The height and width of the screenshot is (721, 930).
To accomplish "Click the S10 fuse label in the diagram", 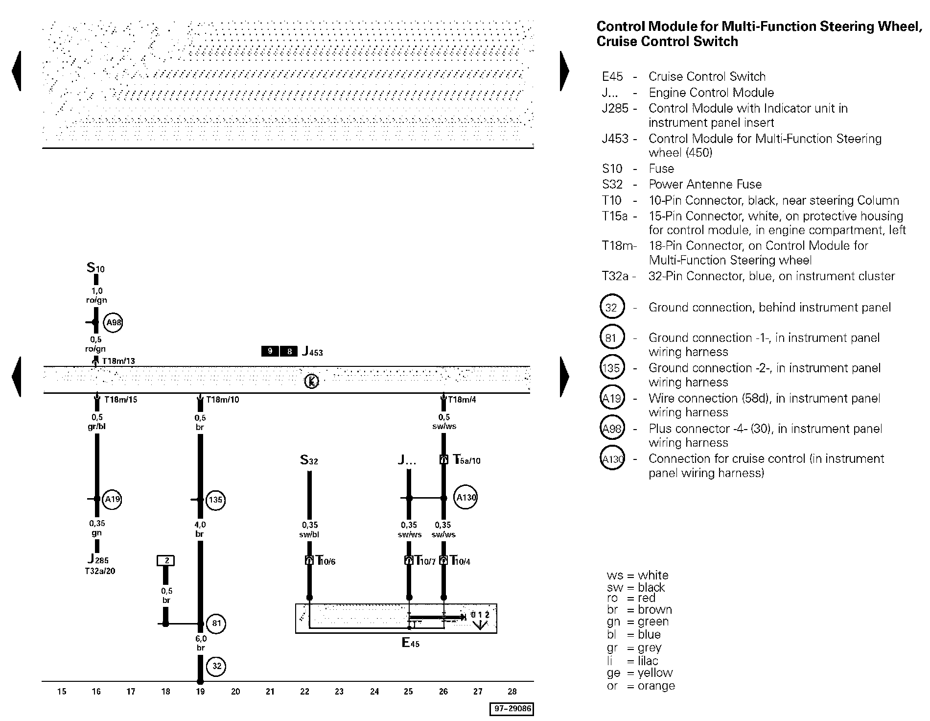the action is (x=96, y=268).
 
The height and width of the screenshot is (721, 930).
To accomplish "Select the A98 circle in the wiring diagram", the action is (x=114, y=322).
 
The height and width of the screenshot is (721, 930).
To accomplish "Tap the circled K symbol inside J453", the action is (x=311, y=381).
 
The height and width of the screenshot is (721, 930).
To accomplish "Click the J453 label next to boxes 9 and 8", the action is (x=312, y=351).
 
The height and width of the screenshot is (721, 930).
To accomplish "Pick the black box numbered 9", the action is (x=270, y=351).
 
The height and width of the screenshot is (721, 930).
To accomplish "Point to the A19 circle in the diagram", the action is (x=113, y=499).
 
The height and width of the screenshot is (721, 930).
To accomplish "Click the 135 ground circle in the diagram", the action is (x=215, y=500).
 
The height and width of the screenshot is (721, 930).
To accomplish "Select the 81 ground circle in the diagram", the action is (x=216, y=624).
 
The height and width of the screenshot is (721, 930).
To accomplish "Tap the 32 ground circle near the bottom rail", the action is (x=217, y=666).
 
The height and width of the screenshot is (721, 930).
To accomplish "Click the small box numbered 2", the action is (x=166, y=560).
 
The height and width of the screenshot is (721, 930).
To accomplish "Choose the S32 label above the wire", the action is (x=309, y=460).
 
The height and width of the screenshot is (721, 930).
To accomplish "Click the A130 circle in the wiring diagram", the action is (x=465, y=498).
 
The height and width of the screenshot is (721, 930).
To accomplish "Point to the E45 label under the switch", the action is (x=411, y=643).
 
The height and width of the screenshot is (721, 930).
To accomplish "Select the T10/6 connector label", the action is (x=325, y=560).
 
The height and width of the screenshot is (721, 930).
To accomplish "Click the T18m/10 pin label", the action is (x=223, y=400).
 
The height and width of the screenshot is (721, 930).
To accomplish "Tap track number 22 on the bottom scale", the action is (x=304, y=692).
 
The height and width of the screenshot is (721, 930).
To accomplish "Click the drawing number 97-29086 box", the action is (x=511, y=709).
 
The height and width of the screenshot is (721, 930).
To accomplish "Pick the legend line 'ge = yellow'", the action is (x=640, y=673).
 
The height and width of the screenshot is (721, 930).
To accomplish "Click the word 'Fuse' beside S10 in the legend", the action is (x=661, y=169).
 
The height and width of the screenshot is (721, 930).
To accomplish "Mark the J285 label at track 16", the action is (x=98, y=559).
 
